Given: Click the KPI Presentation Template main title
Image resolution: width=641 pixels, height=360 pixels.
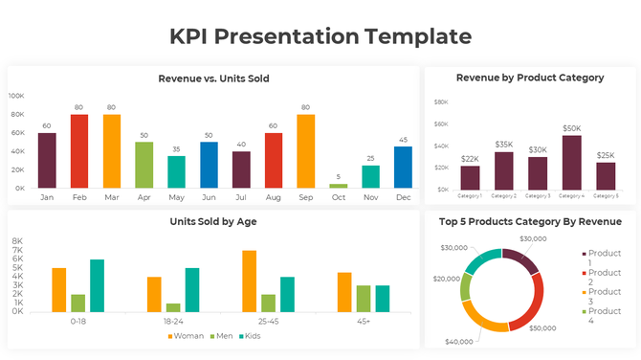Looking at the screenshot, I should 320,36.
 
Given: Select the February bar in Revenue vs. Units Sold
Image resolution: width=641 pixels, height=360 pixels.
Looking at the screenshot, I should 78,150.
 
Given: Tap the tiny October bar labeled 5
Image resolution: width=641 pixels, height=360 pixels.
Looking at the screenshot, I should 339,185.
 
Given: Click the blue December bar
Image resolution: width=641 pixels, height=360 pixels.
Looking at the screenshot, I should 403,167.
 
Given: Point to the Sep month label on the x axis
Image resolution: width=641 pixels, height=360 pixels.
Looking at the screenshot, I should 306,197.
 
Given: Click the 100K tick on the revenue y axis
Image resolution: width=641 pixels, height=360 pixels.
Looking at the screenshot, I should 16,96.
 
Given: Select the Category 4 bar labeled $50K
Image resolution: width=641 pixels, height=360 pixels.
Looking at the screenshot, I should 571,163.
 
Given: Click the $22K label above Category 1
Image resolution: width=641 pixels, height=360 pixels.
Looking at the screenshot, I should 470,159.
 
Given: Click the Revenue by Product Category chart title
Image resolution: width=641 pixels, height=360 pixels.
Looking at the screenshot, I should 529,78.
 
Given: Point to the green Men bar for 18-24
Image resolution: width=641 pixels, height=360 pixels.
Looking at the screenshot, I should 173,307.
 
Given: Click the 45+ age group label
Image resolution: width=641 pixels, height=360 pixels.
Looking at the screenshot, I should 364,322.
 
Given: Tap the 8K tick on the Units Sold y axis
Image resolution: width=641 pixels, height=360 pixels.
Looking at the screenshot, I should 17,242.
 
